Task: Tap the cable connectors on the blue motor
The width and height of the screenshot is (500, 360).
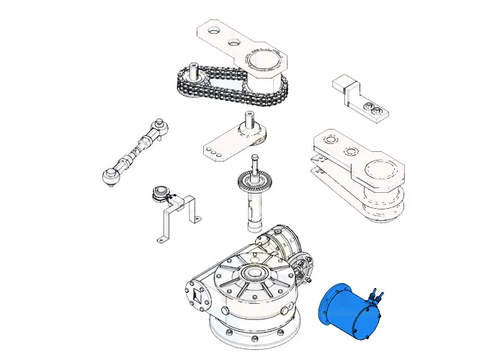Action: point(376,293)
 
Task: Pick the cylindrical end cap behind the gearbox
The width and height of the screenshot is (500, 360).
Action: point(282,237)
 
